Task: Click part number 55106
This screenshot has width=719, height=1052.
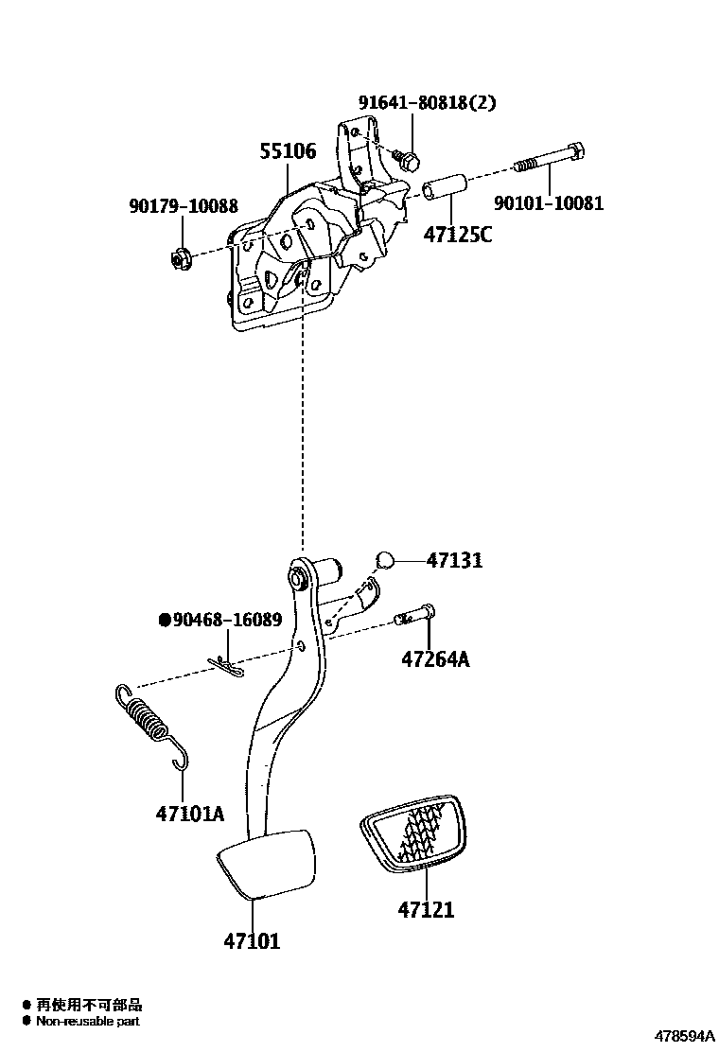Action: coord(289,150)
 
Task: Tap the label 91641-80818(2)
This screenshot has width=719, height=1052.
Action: coord(426,102)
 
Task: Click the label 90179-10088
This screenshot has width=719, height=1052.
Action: coord(184,205)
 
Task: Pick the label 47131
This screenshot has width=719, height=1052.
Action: coord(454,560)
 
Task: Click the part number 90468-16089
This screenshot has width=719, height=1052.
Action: coord(226,621)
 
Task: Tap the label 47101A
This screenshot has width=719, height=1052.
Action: coord(190,813)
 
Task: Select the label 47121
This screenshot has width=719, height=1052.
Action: coord(426,910)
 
